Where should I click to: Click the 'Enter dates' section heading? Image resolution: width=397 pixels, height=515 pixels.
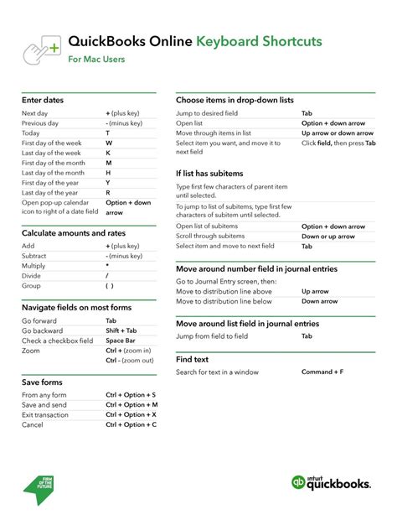pos(43,100)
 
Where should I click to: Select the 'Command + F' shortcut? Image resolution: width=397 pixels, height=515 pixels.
pos(322,371)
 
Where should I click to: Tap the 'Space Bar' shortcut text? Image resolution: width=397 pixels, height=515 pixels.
pos(121,341)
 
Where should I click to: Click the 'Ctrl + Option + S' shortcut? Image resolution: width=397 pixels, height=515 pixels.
pos(131,394)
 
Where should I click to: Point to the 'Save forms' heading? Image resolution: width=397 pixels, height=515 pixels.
pos(42,382)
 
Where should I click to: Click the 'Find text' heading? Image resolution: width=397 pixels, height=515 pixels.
pos(193,359)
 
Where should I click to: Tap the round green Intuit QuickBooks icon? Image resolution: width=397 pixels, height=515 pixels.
pos(300,482)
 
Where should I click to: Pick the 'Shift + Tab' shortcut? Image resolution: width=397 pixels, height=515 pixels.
pos(122,330)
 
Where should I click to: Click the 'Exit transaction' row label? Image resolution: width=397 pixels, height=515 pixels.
pos(45,414)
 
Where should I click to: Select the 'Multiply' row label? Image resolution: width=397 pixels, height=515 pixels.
pos(34,266)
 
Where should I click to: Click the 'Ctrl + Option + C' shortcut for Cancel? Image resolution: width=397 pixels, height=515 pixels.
pos(131,424)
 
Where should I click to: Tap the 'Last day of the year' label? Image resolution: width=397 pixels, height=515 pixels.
pos(51,192)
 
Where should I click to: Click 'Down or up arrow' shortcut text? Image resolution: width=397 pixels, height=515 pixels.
pos(333,237)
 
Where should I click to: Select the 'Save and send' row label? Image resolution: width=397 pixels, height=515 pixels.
pos(44,404)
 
